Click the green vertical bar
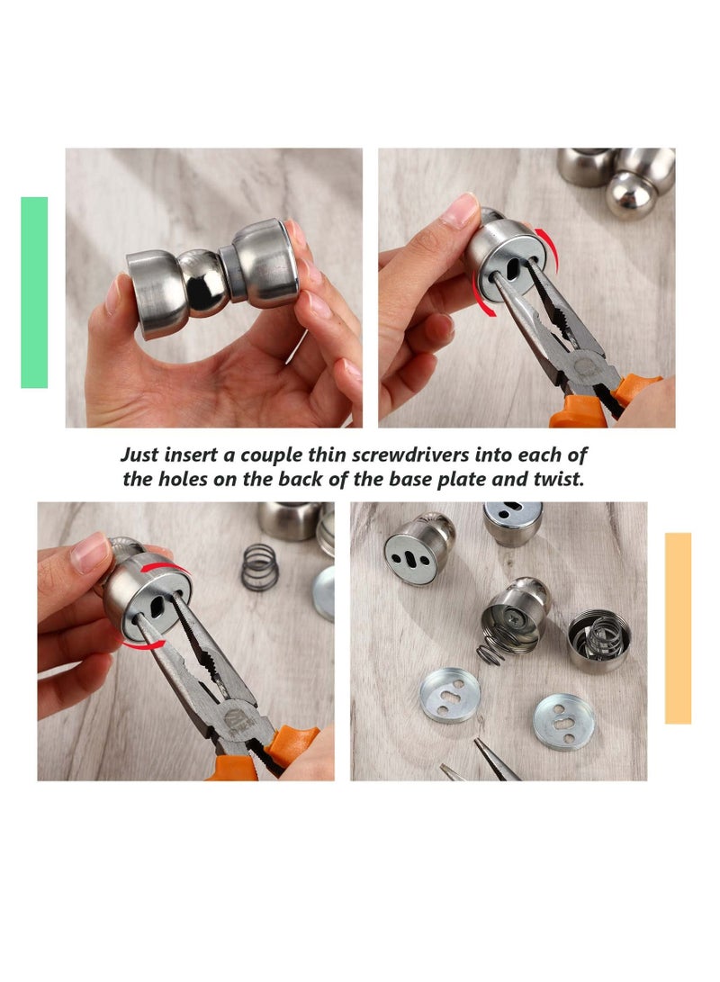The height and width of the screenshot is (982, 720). pyautogui.click(x=34, y=293)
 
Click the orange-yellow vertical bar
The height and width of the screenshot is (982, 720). pyautogui.click(x=678, y=628)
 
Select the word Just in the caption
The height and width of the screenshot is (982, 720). pyautogui.click(x=139, y=455)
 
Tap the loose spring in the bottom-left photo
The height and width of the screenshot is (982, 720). pyautogui.click(x=260, y=567)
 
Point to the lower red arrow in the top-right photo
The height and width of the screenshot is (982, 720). pyautogui.click(x=482, y=295)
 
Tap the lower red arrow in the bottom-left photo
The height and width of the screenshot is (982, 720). pyautogui.click(x=144, y=645)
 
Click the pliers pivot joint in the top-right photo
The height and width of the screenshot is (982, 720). pyautogui.click(x=583, y=365)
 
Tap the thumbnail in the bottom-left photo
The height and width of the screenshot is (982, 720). pyautogui.click(x=89, y=553)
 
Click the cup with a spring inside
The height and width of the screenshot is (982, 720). pyautogui.click(x=599, y=640)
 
